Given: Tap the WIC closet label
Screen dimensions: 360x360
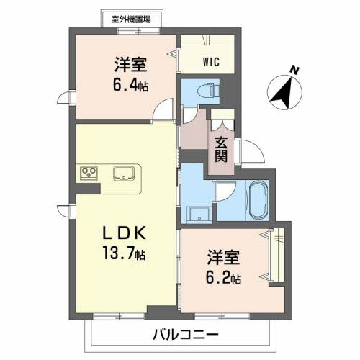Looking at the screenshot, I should (x=211, y=61).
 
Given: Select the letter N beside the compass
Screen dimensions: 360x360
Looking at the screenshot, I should (x=294, y=70).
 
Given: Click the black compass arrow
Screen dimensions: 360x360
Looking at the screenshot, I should (x=283, y=93).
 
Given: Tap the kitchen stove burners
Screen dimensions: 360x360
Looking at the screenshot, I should (x=90, y=173).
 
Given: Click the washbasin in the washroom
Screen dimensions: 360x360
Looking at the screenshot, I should (x=199, y=212).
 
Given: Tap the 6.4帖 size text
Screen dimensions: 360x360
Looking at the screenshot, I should (x=130, y=84).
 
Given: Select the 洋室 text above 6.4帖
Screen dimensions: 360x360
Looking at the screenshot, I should (x=130, y=64).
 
